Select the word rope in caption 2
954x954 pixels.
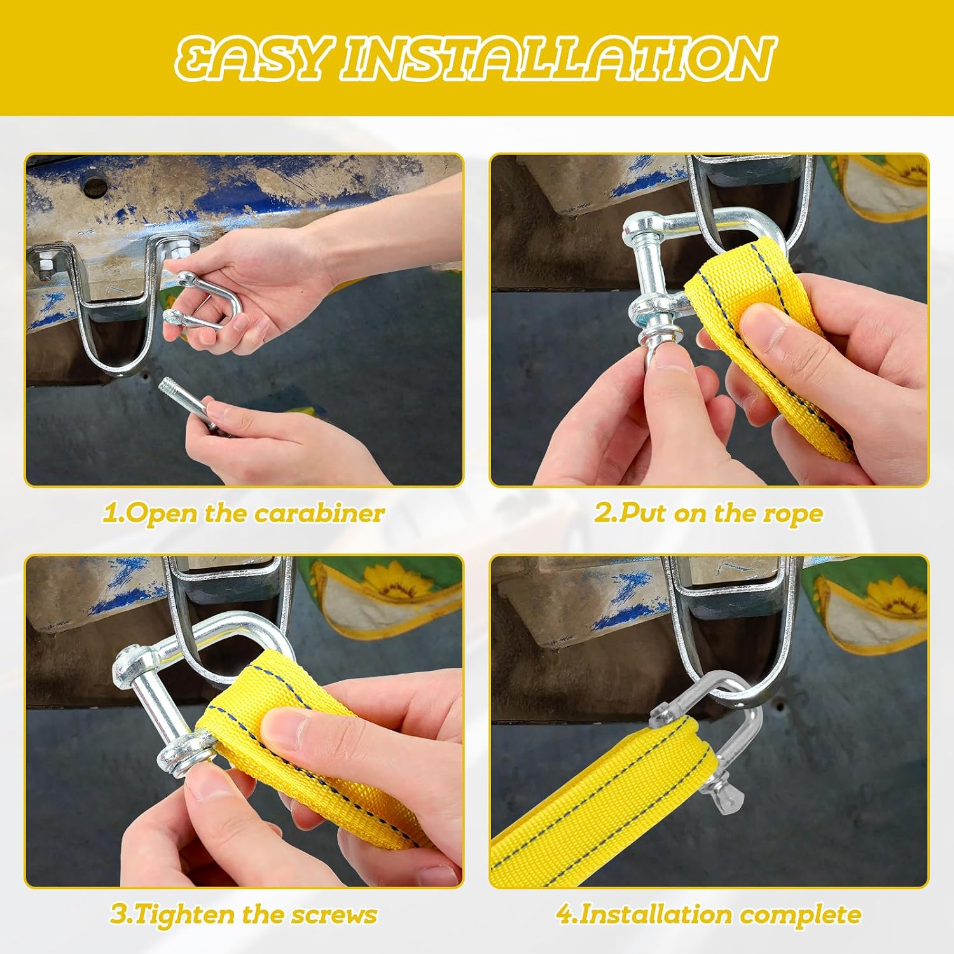792,514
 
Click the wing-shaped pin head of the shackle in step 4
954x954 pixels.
719,796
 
